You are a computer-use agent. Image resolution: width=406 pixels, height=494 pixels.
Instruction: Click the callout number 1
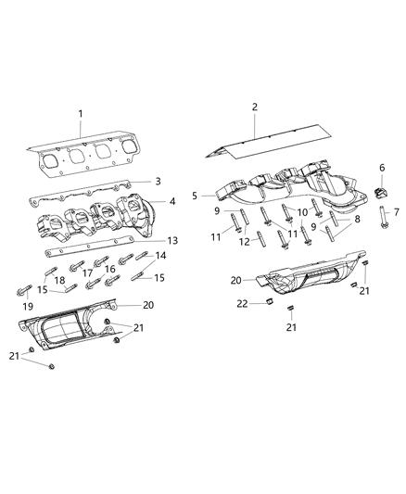(81, 114)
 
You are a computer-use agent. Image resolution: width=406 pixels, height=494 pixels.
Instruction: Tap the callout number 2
(254, 107)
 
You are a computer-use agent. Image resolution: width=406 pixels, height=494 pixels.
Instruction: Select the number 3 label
(159, 182)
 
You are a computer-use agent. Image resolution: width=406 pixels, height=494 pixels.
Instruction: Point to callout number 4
(172, 201)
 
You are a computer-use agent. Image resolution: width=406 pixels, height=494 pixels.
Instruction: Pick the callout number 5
(195, 196)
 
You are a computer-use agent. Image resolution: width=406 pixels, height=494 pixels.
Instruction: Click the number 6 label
(382, 168)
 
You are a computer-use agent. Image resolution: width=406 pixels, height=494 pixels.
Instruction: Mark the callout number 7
(396, 212)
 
